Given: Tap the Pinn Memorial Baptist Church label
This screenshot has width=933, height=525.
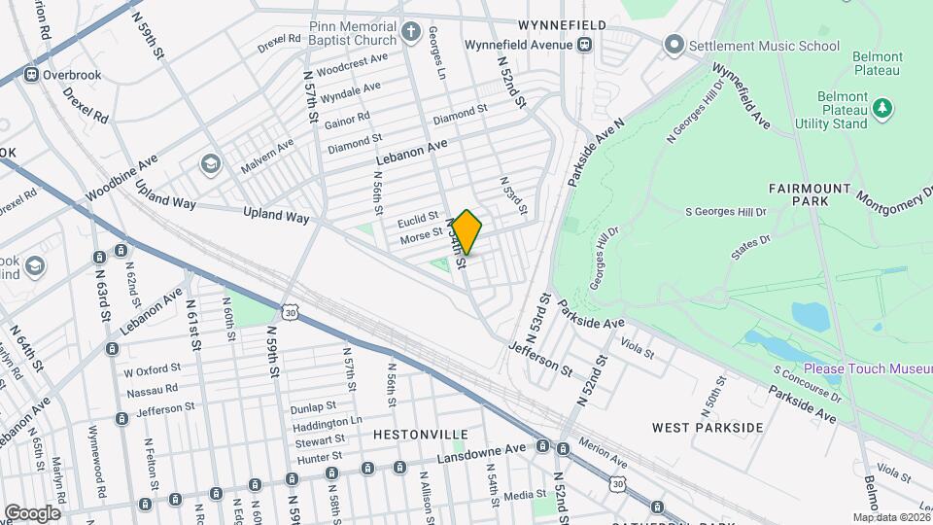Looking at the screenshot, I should [x=353, y=34].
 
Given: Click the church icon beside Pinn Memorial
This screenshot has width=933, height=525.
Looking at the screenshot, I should [x=411, y=32].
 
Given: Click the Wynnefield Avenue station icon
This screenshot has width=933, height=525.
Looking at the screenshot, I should [x=585, y=45].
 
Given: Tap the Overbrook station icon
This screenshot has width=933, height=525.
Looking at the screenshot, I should [x=32, y=75].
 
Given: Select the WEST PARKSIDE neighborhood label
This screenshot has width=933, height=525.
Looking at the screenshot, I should [x=708, y=428].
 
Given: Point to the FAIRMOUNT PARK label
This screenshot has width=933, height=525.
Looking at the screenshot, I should [x=810, y=194].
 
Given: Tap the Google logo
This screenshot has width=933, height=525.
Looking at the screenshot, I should [x=32, y=512].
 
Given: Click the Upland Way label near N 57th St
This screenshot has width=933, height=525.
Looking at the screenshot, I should [x=276, y=216].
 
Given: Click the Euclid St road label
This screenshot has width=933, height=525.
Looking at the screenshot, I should [x=419, y=222].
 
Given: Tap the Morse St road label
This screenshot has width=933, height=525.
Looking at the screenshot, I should [x=421, y=236].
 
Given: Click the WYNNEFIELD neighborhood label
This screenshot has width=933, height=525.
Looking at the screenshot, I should [x=562, y=24].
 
